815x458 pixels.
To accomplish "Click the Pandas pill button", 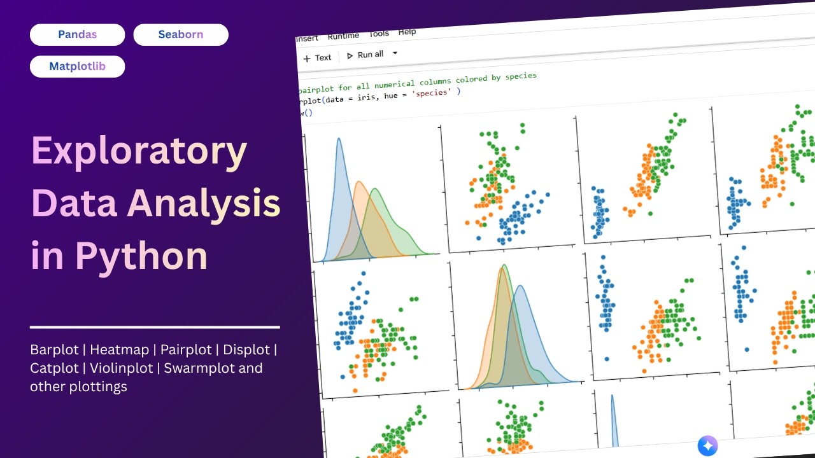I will [77, 34].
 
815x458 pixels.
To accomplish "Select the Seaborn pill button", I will [181, 34].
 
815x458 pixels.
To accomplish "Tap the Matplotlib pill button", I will [77, 66].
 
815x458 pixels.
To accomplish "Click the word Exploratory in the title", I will [139, 151].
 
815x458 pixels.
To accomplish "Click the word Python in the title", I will [141, 256].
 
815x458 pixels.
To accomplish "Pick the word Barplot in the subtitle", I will [54, 349].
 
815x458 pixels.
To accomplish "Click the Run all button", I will [365, 55].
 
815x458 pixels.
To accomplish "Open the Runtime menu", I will [343, 36].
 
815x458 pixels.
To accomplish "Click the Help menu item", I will [407, 32].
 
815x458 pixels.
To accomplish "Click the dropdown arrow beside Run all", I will [395, 53].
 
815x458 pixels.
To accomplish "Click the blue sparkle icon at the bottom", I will [707, 446].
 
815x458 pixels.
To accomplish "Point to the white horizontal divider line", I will [155, 327].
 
